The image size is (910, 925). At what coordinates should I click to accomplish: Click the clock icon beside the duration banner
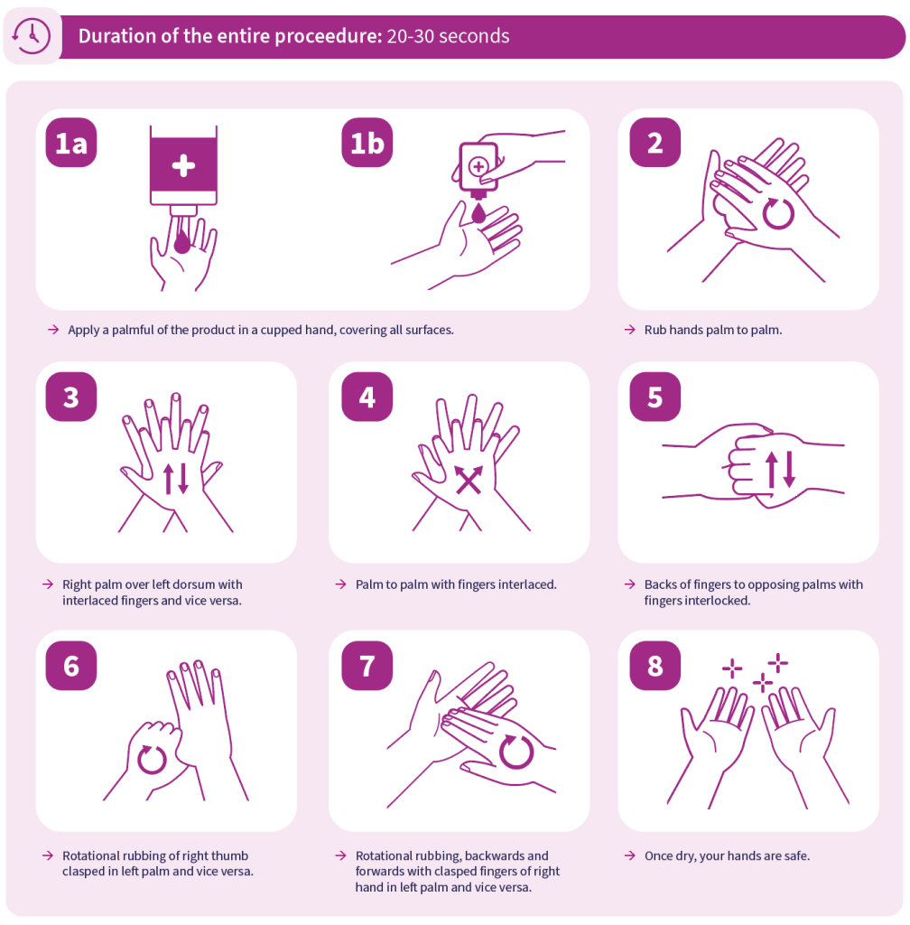click(x=32, y=36)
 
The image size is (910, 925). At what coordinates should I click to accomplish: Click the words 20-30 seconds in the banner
click(x=448, y=36)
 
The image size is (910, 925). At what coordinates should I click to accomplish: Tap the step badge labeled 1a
click(x=71, y=143)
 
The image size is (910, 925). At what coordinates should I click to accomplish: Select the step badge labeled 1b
click(x=367, y=143)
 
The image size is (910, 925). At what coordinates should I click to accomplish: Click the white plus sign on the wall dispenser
click(x=183, y=166)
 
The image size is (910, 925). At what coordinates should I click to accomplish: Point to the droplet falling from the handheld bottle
click(x=478, y=213)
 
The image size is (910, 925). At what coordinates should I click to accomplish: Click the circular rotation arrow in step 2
click(x=778, y=213)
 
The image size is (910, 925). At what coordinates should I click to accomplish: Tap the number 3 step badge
click(x=71, y=397)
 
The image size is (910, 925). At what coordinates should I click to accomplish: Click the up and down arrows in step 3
click(x=176, y=479)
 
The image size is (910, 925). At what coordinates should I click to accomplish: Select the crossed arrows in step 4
click(x=469, y=479)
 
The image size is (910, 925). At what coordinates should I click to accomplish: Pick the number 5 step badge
click(x=655, y=397)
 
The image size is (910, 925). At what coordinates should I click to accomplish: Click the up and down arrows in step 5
click(x=781, y=470)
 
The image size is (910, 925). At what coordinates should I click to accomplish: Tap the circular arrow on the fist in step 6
click(x=152, y=759)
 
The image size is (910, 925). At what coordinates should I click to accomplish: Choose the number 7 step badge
click(x=367, y=666)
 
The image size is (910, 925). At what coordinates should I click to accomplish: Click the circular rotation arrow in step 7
click(x=516, y=752)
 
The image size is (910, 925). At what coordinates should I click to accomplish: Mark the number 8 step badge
click(x=655, y=666)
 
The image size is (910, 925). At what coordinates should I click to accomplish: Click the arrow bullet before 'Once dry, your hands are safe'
click(x=629, y=856)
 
